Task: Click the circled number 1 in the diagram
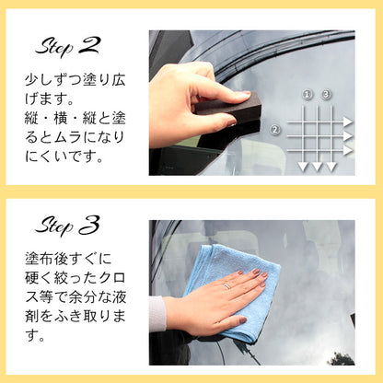click(x=308, y=95)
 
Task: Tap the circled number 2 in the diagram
click(x=275, y=130)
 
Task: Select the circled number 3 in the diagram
click(x=325, y=95)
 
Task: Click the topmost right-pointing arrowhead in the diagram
click(x=348, y=122)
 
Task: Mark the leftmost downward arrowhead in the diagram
click(x=303, y=167)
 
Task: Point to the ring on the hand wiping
click(x=227, y=286)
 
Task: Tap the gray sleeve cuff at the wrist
click(x=157, y=313)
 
